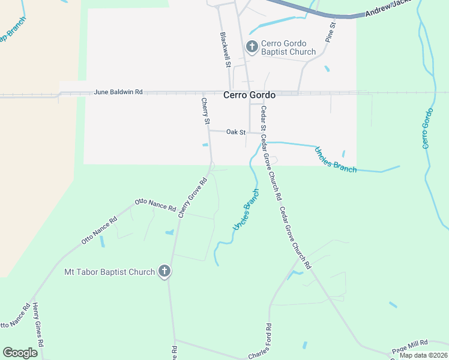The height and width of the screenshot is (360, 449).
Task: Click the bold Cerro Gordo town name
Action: click(249, 95)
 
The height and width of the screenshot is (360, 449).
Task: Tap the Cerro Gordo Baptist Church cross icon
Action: click(252, 46)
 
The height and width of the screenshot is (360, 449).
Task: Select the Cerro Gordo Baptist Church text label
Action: click(288, 47)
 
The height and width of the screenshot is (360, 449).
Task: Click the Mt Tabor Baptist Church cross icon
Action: click(164, 272)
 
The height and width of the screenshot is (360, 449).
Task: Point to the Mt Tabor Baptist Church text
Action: click(109, 272)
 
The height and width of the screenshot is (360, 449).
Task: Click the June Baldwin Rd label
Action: click(118, 92)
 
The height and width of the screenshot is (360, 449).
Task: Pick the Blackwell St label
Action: click(226, 49)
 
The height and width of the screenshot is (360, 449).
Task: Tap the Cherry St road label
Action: click(205, 112)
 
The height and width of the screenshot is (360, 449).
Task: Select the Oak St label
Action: click(236, 132)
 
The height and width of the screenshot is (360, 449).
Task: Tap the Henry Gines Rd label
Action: click(39, 324)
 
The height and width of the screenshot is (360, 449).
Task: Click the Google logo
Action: click(20, 353)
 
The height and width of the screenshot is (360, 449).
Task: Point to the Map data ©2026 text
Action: click(423, 355)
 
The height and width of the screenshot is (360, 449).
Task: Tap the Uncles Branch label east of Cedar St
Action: click(336, 160)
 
